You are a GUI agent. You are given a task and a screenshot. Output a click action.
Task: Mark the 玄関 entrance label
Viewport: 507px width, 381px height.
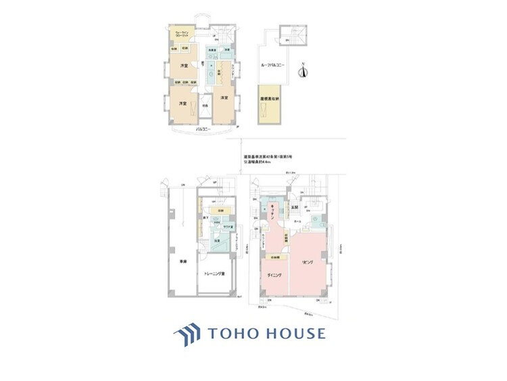[x=295, y=207]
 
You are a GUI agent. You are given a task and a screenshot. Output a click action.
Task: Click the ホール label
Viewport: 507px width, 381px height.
[x=298, y=221]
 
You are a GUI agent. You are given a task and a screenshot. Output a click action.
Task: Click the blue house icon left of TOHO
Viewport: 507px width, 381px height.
[x=187, y=334]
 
